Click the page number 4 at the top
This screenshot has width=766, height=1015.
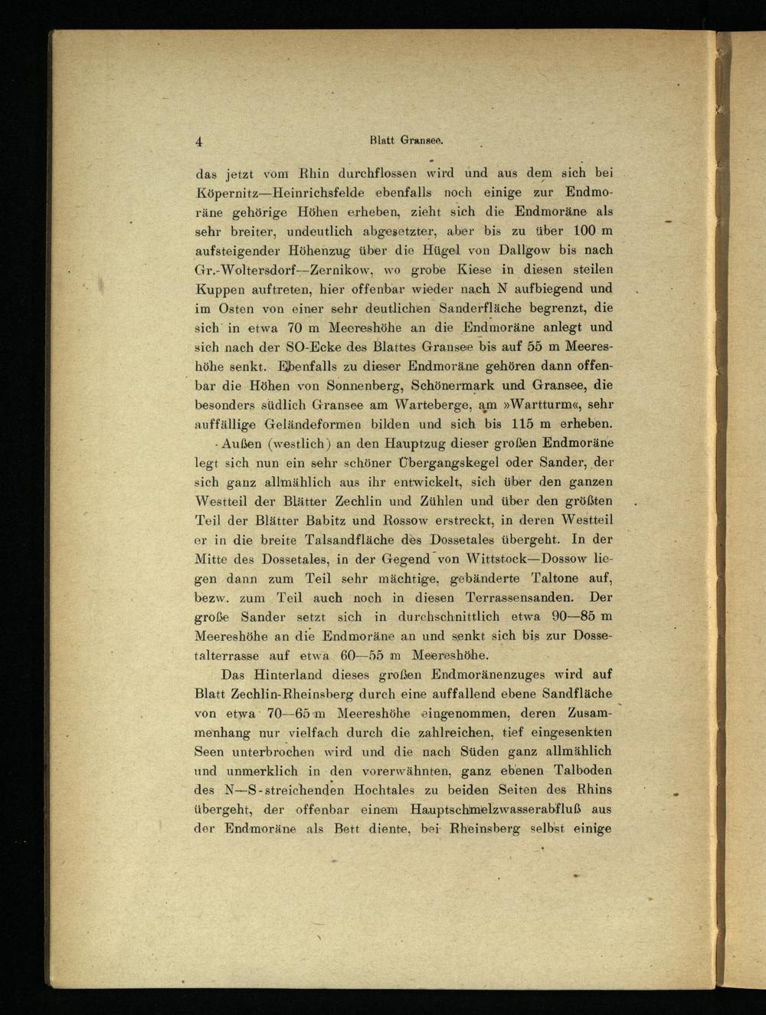198,141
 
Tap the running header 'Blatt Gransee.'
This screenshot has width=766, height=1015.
407,140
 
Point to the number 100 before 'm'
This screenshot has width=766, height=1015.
583,231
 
